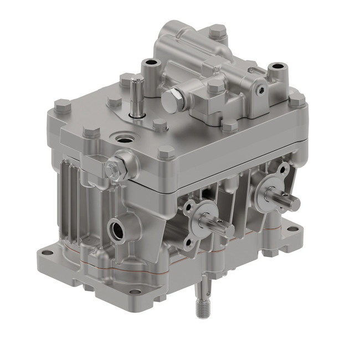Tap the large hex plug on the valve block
pos(173,100)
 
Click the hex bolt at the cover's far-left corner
pos(63,105)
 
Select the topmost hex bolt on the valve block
pos(218,30)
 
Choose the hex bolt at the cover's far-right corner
pos(297,100)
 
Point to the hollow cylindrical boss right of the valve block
pos(276,71)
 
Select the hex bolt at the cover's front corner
pos(167,151)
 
